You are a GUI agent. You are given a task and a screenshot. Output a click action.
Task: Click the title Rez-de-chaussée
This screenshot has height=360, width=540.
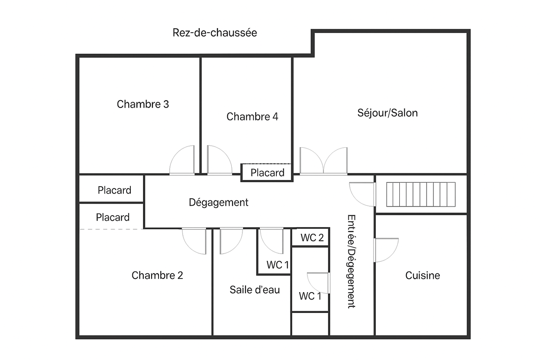(215, 33)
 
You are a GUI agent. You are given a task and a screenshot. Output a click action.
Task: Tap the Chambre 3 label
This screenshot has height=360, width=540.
(143, 104)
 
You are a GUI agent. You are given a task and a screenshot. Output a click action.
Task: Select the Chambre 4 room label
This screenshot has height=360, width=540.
(252, 117)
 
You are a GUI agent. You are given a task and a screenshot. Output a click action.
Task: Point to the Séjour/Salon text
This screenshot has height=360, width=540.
(387, 113)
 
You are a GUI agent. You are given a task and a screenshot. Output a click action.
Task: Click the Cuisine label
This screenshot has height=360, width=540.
(422, 276)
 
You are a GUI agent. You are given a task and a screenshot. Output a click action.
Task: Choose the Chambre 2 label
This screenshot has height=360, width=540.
(157, 276)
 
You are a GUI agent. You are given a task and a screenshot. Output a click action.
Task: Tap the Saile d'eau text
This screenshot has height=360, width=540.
(254, 290)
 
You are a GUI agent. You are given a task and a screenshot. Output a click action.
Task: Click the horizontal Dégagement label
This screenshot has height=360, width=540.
(218, 202)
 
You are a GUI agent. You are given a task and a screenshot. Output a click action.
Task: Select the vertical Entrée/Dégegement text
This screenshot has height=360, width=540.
(351, 262)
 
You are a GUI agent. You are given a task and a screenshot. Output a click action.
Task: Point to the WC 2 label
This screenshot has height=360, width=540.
(312, 238)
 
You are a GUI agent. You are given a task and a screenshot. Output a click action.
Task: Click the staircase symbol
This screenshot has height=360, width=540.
(420, 194)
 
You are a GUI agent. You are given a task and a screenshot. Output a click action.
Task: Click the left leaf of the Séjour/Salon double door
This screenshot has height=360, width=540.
(311, 161)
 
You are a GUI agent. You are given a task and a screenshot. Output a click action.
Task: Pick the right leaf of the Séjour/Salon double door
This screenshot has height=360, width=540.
(336, 161)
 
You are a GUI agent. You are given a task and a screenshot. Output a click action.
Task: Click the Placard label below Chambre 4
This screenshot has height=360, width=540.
(267, 173)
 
